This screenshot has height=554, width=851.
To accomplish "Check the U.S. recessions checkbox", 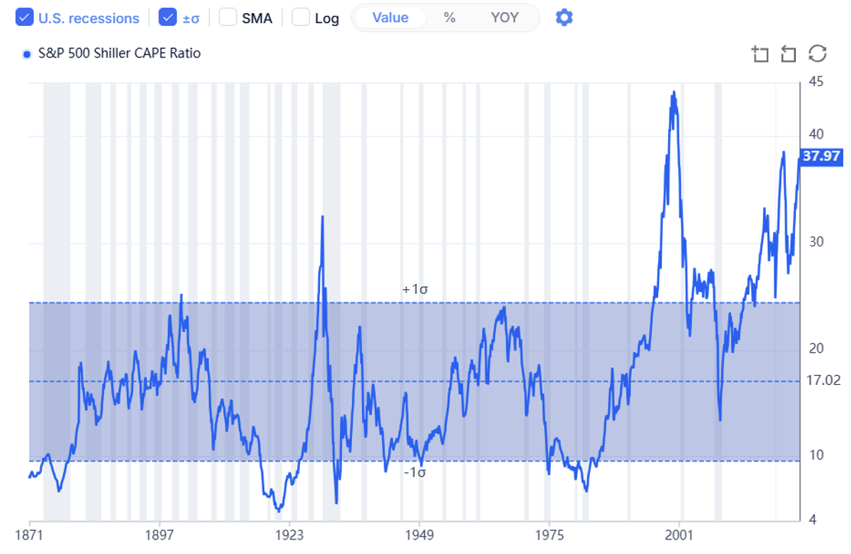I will pyautogui.click(x=24, y=18).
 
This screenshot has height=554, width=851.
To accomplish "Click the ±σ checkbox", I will pyautogui.click(x=168, y=18).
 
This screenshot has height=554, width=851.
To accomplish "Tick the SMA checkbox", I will pyautogui.click(x=228, y=18).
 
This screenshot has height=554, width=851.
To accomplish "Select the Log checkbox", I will pyautogui.click(x=302, y=18).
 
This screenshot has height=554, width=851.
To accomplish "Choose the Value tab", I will pyautogui.click(x=390, y=18).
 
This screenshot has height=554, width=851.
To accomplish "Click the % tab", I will pyautogui.click(x=449, y=18).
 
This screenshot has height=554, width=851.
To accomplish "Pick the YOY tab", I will pyautogui.click(x=504, y=18).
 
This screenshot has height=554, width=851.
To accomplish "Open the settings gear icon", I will pyautogui.click(x=564, y=18).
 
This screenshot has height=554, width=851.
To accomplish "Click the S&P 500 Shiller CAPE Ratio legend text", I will pyautogui.click(x=119, y=54).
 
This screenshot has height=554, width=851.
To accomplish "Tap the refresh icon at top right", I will pyautogui.click(x=818, y=54).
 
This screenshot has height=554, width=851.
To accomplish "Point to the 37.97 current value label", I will pyautogui.click(x=821, y=157).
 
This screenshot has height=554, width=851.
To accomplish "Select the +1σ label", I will pyautogui.click(x=414, y=290).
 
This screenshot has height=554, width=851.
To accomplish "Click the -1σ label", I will pyautogui.click(x=414, y=472).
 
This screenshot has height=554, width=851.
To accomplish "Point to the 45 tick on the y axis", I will pyautogui.click(x=816, y=82).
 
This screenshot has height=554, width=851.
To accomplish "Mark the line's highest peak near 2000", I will pyautogui.click(x=673, y=93).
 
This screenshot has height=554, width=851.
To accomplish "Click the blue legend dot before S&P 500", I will pyautogui.click(x=28, y=54).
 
